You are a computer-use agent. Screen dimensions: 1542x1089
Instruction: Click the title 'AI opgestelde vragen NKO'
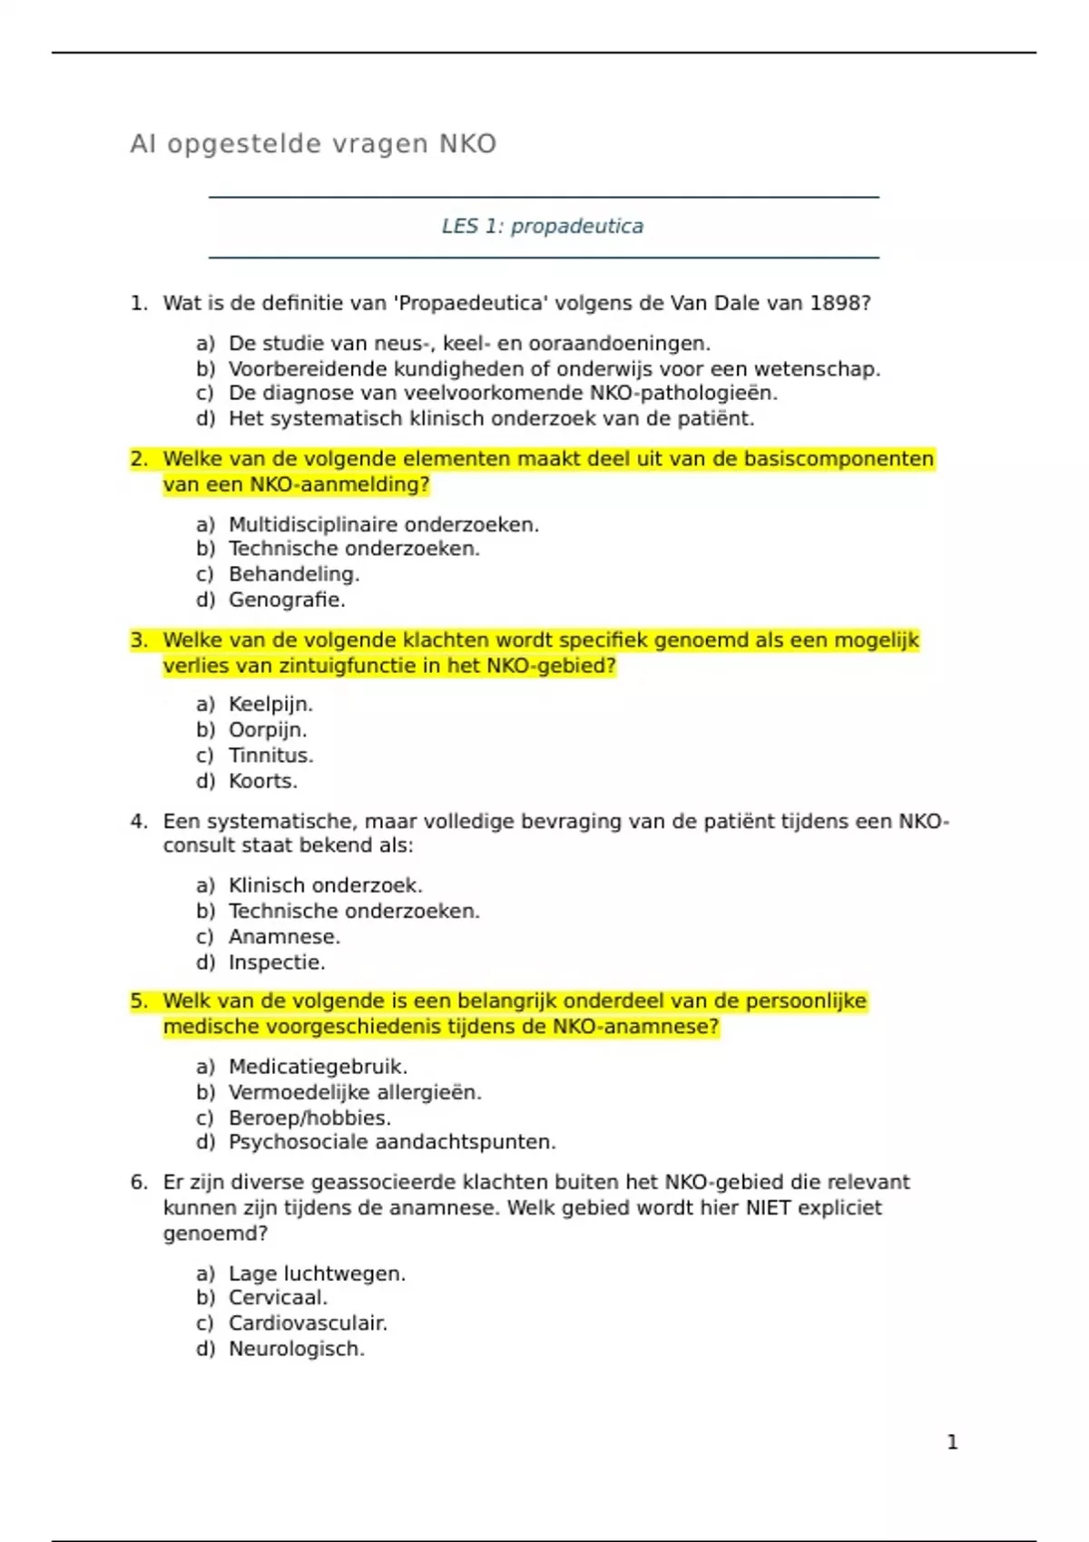point(313,144)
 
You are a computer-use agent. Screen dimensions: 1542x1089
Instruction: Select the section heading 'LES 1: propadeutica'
point(543,226)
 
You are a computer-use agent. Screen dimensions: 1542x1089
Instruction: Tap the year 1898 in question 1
point(839,303)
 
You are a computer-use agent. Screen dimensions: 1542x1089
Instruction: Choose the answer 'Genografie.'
point(287,600)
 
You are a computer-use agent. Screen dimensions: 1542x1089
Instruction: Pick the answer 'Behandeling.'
point(294,574)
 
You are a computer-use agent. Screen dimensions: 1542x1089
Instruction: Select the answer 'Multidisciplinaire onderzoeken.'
point(383,524)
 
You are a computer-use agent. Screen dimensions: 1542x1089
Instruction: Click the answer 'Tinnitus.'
point(270,756)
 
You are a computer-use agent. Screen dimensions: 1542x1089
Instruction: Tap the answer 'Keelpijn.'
point(270,704)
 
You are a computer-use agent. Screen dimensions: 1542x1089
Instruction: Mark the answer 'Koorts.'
point(263,781)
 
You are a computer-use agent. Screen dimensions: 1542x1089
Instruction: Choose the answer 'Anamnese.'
point(284,937)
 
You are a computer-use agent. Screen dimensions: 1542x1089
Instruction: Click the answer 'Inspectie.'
point(277,962)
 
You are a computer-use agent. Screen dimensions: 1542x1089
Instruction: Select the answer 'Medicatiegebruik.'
point(318,1067)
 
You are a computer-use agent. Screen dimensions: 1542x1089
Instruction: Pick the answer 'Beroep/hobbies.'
point(309,1117)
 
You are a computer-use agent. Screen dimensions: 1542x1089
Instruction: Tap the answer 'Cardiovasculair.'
point(308,1323)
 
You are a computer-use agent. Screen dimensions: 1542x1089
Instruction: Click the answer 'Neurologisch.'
point(297,1349)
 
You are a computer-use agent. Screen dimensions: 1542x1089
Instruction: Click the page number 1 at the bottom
point(952,1442)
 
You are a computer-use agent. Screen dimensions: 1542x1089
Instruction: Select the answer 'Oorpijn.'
point(268,730)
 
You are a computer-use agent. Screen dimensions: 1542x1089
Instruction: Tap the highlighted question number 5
point(138,1001)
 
